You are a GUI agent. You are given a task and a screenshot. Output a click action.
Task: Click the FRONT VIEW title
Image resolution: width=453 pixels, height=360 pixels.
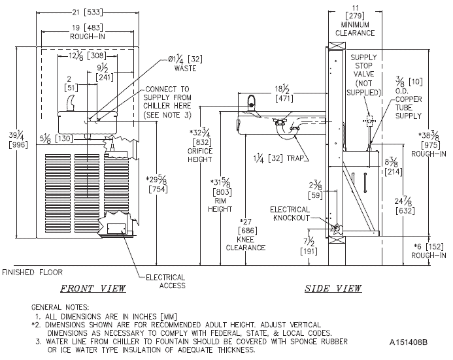pyautogui.click(x=93, y=288)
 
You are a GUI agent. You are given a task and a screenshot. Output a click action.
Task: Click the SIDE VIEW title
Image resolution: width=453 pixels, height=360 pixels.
pyautogui.click(x=333, y=288)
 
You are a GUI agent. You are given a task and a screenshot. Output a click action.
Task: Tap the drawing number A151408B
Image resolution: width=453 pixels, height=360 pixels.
pyautogui.click(x=408, y=342)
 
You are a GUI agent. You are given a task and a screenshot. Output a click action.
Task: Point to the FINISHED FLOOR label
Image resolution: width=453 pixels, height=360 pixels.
pyautogui.click(x=32, y=272)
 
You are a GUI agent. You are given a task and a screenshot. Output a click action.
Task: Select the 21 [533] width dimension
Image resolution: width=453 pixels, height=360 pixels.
pyautogui.click(x=87, y=12)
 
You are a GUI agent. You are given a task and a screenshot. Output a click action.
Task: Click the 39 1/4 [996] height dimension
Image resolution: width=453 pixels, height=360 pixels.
pyautogui.click(x=18, y=140)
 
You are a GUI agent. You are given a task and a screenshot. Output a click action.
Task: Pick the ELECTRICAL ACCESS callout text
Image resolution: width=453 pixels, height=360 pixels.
pyautogui.click(x=165, y=282)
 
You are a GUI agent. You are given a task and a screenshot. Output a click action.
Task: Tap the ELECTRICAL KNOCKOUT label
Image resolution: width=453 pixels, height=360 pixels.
pyautogui.click(x=290, y=214)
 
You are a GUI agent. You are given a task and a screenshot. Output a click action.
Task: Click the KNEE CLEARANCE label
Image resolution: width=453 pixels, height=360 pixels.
pyautogui.click(x=246, y=244)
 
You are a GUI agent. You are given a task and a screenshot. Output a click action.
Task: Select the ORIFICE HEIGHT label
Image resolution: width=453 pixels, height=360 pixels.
pyautogui.click(x=200, y=155)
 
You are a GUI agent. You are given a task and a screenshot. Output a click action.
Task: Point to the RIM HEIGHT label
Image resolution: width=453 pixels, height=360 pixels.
pyautogui.click(x=220, y=205)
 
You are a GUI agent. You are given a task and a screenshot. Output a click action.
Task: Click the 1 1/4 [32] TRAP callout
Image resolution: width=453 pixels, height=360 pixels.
pyautogui.click(x=278, y=159)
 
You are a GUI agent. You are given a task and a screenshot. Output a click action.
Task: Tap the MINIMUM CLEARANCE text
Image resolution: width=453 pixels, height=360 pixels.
pyautogui.click(x=355, y=29)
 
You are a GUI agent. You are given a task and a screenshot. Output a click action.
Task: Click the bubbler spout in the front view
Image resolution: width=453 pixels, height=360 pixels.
pyautogui.click(x=70, y=103)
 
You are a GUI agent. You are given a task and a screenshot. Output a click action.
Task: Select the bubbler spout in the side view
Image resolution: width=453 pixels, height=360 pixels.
pyautogui.click(x=252, y=104)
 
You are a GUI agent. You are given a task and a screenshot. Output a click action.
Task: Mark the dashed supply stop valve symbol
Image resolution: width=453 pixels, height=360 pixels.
pyautogui.click(x=369, y=122)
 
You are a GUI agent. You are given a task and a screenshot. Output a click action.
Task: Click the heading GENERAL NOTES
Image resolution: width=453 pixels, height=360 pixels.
pyautogui.click(x=60, y=307)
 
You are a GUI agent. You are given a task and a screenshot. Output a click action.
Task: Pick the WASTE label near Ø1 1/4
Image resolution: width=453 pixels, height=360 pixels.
pyautogui.click(x=185, y=69)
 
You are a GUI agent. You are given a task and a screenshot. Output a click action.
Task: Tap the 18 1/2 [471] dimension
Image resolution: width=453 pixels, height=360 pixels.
pyautogui.click(x=284, y=93)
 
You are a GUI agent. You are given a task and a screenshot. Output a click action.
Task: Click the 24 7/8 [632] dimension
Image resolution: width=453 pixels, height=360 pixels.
pyautogui.click(x=405, y=206)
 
